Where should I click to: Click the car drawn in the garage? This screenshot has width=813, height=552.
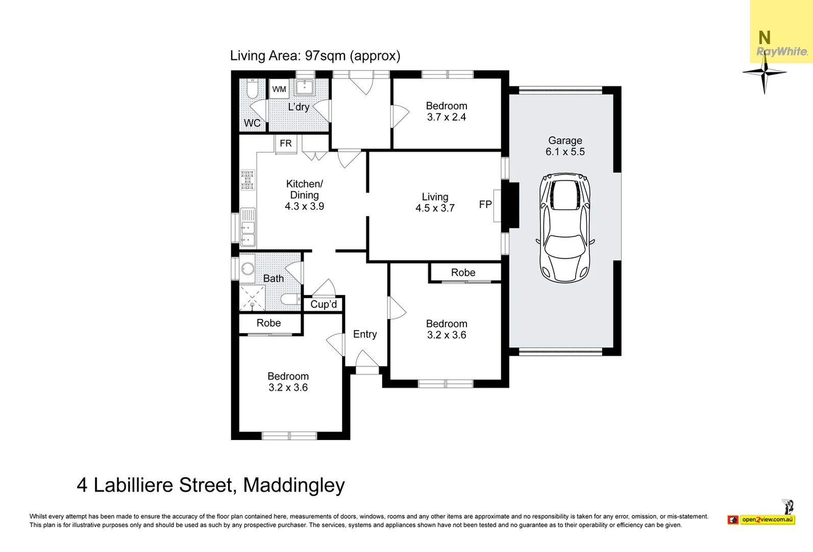point(565,228)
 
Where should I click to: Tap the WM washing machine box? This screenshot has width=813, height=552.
point(279,89)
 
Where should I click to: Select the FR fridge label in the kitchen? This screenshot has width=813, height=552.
point(286,144)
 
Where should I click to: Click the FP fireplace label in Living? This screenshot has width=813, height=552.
point(485,204)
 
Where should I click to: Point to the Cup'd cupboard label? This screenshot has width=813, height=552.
point(324,305)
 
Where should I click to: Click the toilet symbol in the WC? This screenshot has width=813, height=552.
point(252,90)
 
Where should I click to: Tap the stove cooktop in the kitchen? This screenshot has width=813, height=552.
point(248,180)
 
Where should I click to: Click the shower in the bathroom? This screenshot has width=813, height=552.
point(252,298)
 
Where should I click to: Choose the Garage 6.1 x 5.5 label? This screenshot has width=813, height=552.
point(565,146)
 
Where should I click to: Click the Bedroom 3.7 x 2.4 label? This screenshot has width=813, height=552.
point(447,111)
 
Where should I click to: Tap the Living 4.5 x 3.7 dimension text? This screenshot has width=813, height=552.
point(435,208)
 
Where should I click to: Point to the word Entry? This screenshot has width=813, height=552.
point(365,334)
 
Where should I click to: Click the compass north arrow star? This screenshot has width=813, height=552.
point(764,74)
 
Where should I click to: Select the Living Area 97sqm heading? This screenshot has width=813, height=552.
point(315,56)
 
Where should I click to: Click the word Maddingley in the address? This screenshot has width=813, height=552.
point(294,485)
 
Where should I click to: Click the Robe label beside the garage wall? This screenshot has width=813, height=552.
point(463,273)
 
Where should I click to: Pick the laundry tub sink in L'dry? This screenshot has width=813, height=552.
point(305,87)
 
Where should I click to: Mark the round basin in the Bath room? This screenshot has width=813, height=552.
point(248,269)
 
